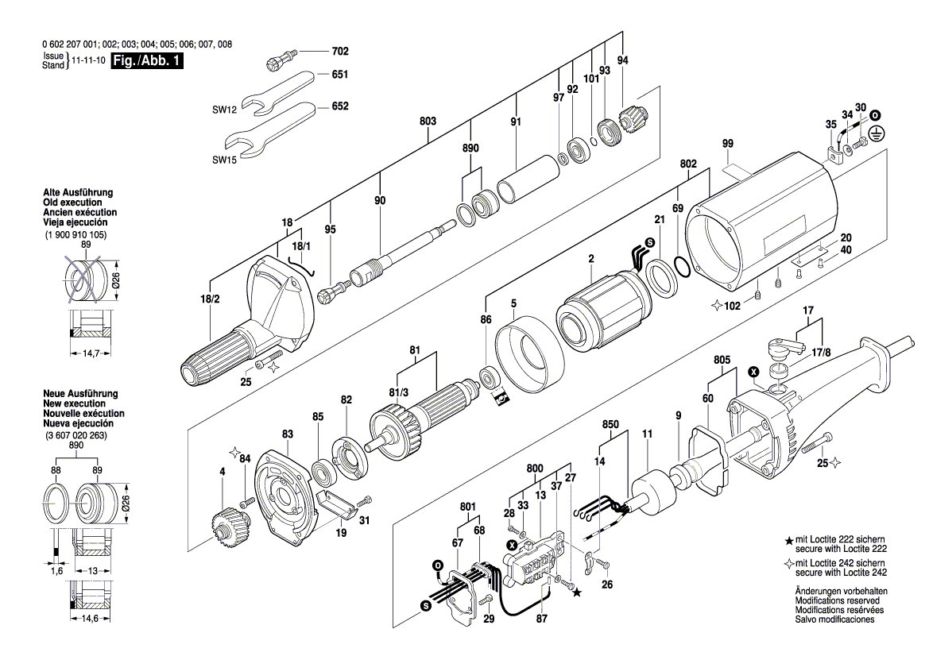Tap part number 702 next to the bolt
coord(339,52)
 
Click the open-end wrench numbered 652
coord(270,127)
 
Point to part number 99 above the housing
coord(726,143)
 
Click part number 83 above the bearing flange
coord(287,434)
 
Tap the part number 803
coord(428,121)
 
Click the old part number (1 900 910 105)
coord(75,236)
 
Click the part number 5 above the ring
coord(513,303)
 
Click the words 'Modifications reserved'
coord(841,601)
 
